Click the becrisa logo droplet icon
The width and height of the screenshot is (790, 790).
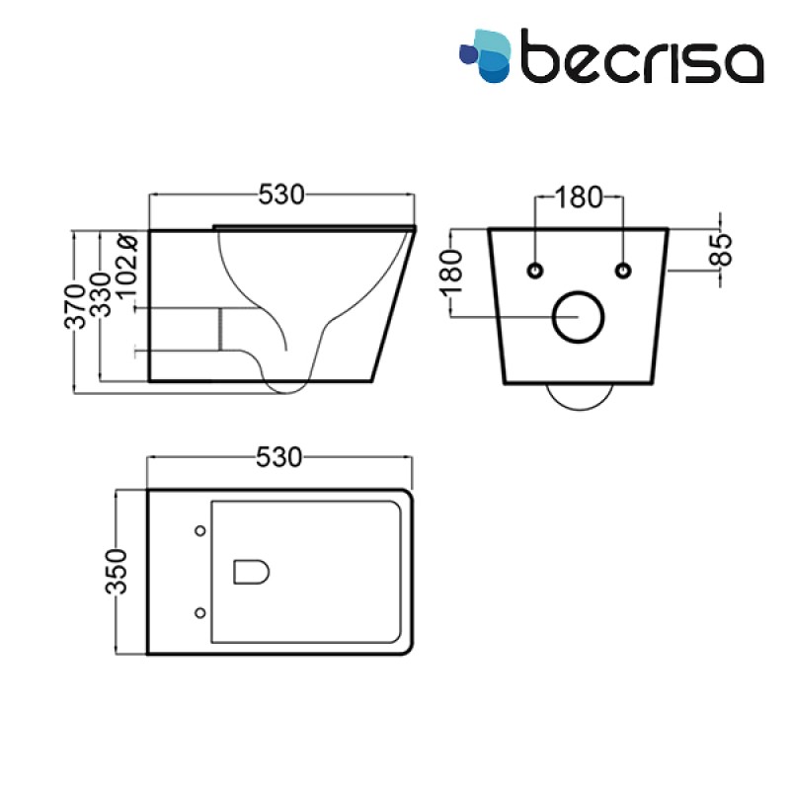click(485, 55)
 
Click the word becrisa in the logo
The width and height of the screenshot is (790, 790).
click(642, 56)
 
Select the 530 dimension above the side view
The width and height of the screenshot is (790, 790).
click(281, 195)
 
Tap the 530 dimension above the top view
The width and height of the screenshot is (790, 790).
click(279, 457)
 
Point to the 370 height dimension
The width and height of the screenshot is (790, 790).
click(75, 306)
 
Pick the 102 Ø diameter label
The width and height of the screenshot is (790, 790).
click(126, 267)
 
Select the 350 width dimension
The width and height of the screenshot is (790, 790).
click(117, 572)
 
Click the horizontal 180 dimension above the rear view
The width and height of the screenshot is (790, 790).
click(579, 197)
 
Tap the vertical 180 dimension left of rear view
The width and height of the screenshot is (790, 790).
click(451, 273)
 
